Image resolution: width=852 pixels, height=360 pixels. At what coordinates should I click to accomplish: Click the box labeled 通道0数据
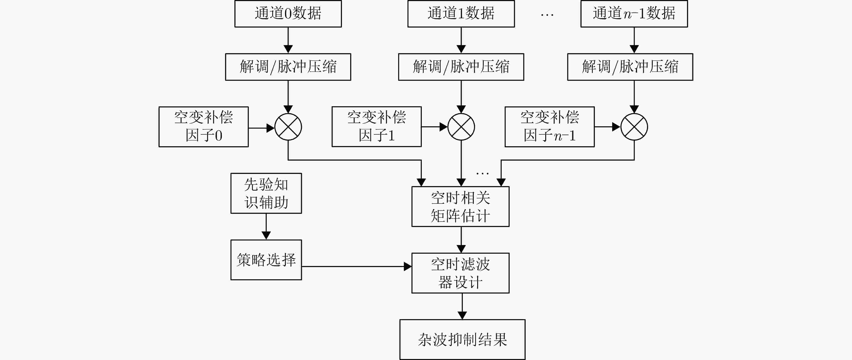[x=288, y=14]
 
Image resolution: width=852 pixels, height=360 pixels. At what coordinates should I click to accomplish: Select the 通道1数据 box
[x=461, y=14]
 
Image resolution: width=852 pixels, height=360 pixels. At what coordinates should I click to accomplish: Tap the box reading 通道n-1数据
[x=634, y=14]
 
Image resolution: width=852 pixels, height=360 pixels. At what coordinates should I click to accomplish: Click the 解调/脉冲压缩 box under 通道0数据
[x=288, y=67]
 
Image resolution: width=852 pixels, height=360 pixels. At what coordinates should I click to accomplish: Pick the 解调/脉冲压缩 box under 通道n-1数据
[x=630, y=67]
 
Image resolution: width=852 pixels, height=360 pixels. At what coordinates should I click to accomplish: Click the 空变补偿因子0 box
[x=204, y=127]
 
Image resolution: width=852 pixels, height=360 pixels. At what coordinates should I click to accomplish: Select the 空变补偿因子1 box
[x=377, y=127]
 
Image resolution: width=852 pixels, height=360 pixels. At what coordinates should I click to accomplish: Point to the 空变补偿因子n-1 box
[x=550, y=127]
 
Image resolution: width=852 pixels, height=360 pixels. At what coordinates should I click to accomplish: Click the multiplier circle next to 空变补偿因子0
[x=288, y=113]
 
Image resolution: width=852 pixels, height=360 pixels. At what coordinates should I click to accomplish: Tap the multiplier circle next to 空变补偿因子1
[x=461, y=113]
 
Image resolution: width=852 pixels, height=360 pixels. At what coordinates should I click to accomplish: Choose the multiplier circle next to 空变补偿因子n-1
[x=634, y=113]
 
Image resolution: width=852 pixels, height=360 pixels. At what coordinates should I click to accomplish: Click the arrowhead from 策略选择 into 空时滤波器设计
[x=408, y=267]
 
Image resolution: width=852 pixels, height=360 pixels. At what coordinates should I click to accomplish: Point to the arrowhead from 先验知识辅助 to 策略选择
[x=266, y=235]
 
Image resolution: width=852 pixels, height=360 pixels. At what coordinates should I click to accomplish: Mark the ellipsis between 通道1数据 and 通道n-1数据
[x=547, y=15]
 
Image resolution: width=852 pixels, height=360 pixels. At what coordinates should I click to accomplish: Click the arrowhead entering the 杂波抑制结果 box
[x=462, y=315]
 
